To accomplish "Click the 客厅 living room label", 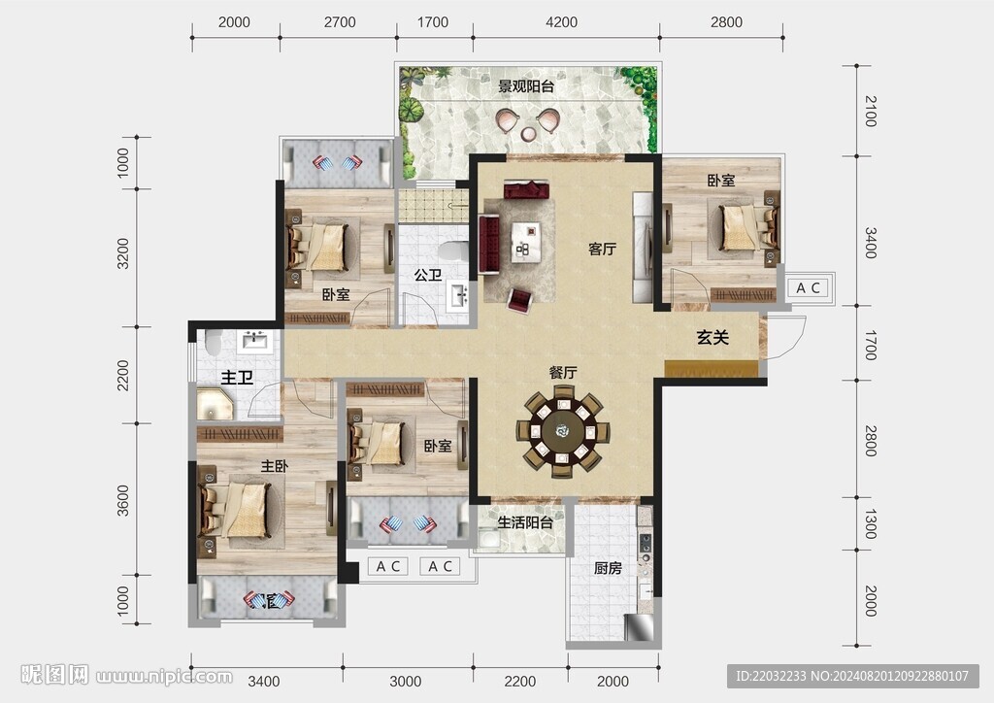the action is click(602, 250).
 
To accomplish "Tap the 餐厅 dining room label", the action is click(563, 372).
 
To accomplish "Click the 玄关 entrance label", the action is click(712, 337).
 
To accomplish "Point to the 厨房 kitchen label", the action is click(608, 569).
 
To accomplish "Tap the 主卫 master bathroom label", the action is click(237, 379).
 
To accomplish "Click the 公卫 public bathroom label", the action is click(428, 275).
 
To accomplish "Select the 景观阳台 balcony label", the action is click(526, 86).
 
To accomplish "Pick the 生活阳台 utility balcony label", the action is click(525, 523).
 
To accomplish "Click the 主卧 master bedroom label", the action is click(275, 466).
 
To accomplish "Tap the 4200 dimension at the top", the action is click(562, 22).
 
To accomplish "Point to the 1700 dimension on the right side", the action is click(871, 346).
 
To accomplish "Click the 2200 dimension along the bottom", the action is click(520, 682).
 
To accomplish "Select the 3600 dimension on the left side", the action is click(123, 501).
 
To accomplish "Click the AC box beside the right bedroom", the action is click(808, 287).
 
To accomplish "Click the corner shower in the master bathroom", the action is click(215, 405).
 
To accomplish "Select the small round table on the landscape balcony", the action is click(528, 134).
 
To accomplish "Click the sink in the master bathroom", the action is click(255, 342).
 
